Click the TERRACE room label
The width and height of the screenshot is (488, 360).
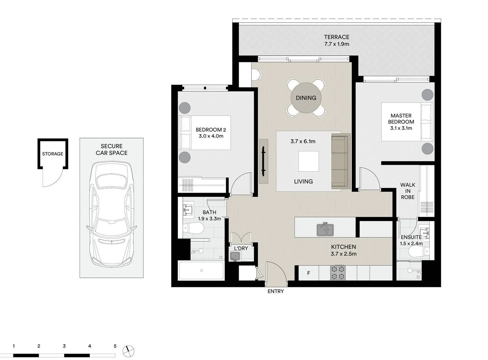337,37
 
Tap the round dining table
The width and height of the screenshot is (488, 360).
306,98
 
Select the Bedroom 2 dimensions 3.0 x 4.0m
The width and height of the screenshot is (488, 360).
211,136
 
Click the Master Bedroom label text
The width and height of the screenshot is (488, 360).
401,119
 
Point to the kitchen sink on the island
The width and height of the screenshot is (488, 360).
325,230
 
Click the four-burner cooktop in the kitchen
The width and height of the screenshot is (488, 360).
338,272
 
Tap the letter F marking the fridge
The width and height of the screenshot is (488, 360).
309,273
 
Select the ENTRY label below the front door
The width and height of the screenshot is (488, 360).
276,291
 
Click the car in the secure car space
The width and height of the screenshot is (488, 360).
111,213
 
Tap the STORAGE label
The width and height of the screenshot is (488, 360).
52,154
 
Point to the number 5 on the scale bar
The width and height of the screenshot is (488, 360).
115,346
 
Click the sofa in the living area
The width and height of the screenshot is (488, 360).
341,162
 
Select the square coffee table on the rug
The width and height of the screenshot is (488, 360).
308,161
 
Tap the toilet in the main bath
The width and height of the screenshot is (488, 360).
194,229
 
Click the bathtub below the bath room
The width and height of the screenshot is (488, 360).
201,271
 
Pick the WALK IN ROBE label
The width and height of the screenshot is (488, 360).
408,191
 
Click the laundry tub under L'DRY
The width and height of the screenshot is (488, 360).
235,256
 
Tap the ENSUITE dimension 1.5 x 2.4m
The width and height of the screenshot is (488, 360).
411,243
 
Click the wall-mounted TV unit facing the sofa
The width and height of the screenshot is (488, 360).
264,161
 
